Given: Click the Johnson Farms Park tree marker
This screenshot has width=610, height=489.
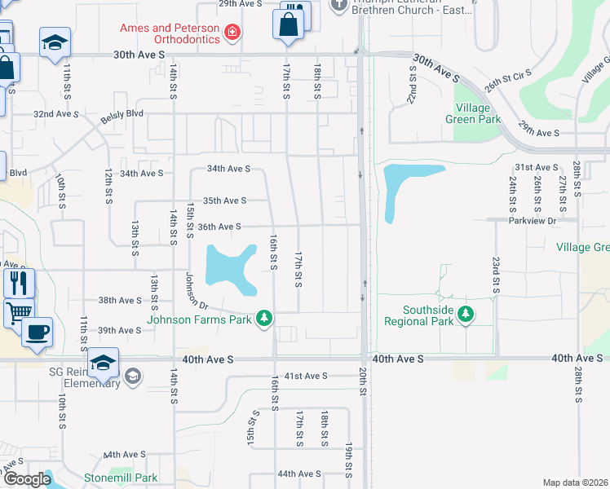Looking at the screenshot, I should click(263, 317).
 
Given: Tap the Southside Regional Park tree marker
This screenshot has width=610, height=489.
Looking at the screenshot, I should click(465, 315).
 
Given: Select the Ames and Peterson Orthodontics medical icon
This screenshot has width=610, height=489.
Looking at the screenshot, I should click(233, 32).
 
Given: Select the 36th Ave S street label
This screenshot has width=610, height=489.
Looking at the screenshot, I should click(219, 227).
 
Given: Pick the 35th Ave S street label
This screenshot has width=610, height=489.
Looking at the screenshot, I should click(224, 200).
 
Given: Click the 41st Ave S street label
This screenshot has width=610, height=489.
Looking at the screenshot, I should click(305, 376).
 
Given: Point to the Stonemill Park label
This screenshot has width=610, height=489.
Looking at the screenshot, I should click(121, 478).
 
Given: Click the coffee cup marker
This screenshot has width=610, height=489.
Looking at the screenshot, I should click(37, 333).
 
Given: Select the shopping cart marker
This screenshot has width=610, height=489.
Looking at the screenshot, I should click(19, 311).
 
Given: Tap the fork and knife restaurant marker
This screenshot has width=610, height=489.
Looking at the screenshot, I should click(19, 283).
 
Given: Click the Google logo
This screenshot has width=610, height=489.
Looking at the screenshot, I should click(26, 479).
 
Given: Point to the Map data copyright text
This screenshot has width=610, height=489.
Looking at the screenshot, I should click(575, 482).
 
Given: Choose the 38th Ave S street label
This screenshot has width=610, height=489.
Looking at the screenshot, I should click(121, 300).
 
